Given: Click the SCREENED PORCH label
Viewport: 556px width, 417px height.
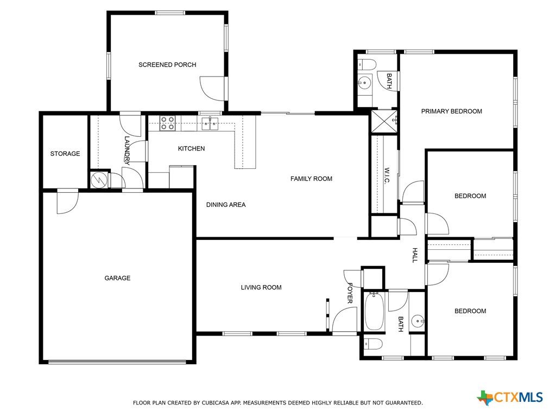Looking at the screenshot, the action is coord(167,65).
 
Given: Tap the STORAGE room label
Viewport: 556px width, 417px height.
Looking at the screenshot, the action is coord(65,154).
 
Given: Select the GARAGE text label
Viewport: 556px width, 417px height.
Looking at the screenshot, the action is coord(117,278).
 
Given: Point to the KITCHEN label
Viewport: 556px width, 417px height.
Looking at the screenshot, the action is coord(191,148).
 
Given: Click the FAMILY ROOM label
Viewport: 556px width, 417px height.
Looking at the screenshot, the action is coord(311,179).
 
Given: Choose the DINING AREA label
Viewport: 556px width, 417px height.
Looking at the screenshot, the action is coord(226,205).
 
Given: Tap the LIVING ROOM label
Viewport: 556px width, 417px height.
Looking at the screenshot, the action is coord(261,287).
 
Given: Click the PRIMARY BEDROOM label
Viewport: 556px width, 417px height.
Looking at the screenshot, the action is coord(451,111).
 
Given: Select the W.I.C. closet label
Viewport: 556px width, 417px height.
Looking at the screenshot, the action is coord(387,175).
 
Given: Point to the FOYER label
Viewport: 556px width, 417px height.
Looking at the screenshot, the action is coord(350,293).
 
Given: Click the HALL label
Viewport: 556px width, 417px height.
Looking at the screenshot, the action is coord(415,255).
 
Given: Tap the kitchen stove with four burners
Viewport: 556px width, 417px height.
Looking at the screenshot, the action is coord(167,123).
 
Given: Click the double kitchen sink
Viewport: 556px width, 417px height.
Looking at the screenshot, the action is coord(210,123).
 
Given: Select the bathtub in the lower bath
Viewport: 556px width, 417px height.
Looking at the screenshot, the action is coord(374,311).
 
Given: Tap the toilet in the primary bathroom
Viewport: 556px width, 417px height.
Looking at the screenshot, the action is coord(367,65).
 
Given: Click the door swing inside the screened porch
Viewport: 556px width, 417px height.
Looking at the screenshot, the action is coord(212,86).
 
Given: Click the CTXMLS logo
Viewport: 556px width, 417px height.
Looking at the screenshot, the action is coord(510,397).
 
